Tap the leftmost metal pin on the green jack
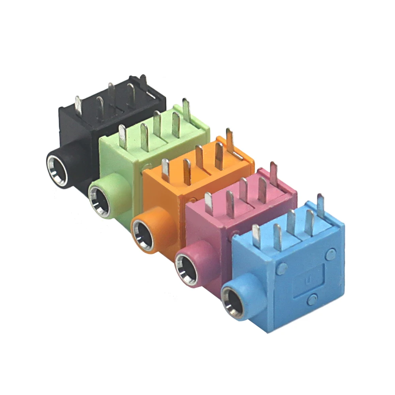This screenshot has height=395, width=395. [123, 137]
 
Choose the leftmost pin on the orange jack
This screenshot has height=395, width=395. [166, 170]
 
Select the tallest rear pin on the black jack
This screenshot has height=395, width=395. [143, 83]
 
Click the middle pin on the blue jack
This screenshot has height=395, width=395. [291, 222]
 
